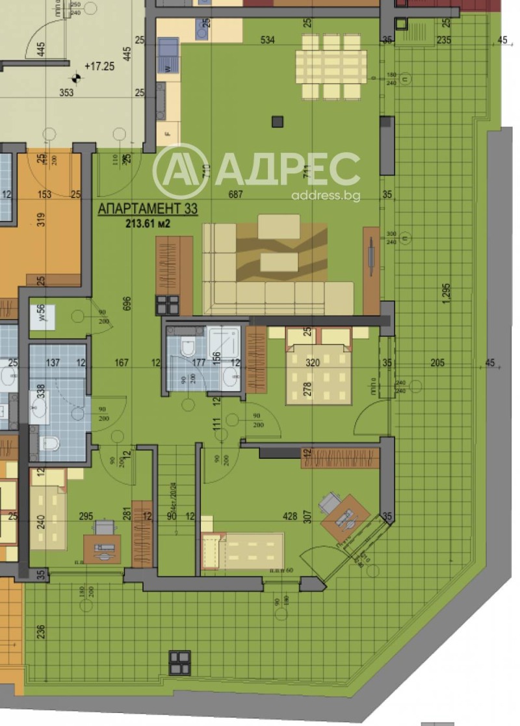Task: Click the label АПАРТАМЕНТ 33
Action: [x=148, y=209]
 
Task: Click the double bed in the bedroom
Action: [x=319, y=370]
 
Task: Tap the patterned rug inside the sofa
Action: [x=281, y=253]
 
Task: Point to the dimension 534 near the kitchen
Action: [x=267, y=40]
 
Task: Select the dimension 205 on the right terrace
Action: [x=437, y=363]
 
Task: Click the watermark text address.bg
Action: [x=325, y=195]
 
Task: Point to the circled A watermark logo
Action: [x=180, y=171]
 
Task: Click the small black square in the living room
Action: [x=278, y=120]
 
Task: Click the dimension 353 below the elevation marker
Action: [x=66, y=93]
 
